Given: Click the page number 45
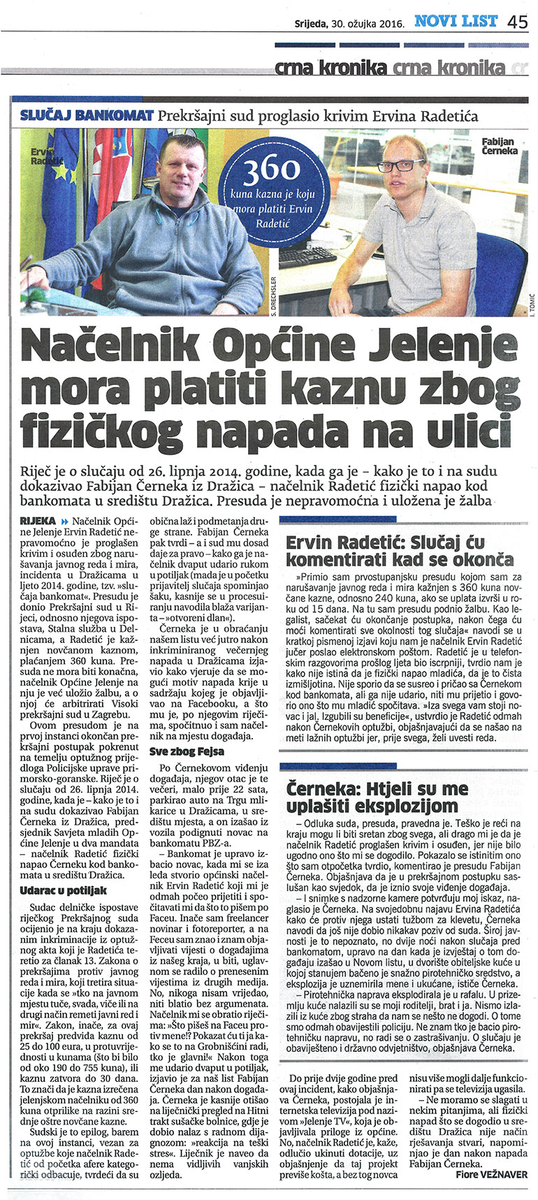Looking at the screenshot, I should click(x=518, y=22).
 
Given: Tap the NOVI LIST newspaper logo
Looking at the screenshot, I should click(x=456, y=22).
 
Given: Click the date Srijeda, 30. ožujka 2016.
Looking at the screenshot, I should click(x=350, y=23).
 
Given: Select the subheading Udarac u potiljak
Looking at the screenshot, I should click(x=64, y=890).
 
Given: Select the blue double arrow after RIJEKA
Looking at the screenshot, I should click(x=66, y=521).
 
